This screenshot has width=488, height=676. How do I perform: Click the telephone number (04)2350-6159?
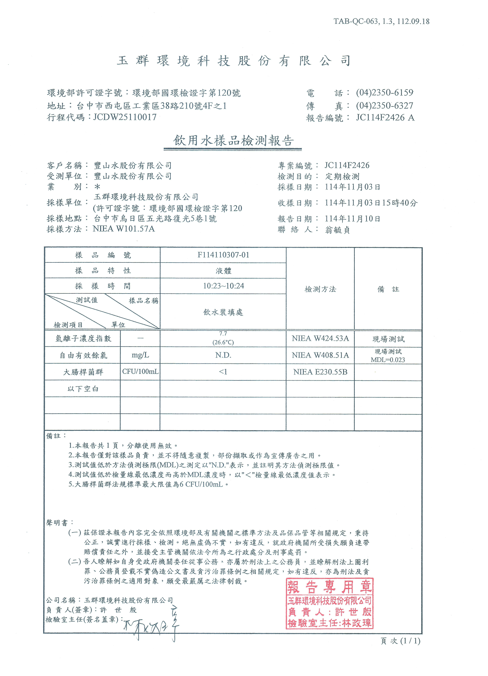pyautogui.click(x=384, y=93)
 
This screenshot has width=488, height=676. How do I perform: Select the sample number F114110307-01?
pyautogui.click(x=223, y=255)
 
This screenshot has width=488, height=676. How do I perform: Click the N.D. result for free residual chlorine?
pyautogui.click(x=223, y=355)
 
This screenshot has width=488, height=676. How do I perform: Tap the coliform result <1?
pyautogui.click(x=223, y=372)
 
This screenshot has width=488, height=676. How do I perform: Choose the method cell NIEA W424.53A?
pyautogui.click(x=320, y=339)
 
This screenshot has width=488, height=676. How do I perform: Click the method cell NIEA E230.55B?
pyautogui.click(x=320, y=372)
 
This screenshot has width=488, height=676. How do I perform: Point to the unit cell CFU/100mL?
pyautogui.click(x=140, y=372)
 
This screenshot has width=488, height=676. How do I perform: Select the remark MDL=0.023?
pyautogui.click(x=388, y=360)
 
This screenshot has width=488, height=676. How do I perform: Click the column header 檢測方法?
pyautogui.click(x=320, y=289)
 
